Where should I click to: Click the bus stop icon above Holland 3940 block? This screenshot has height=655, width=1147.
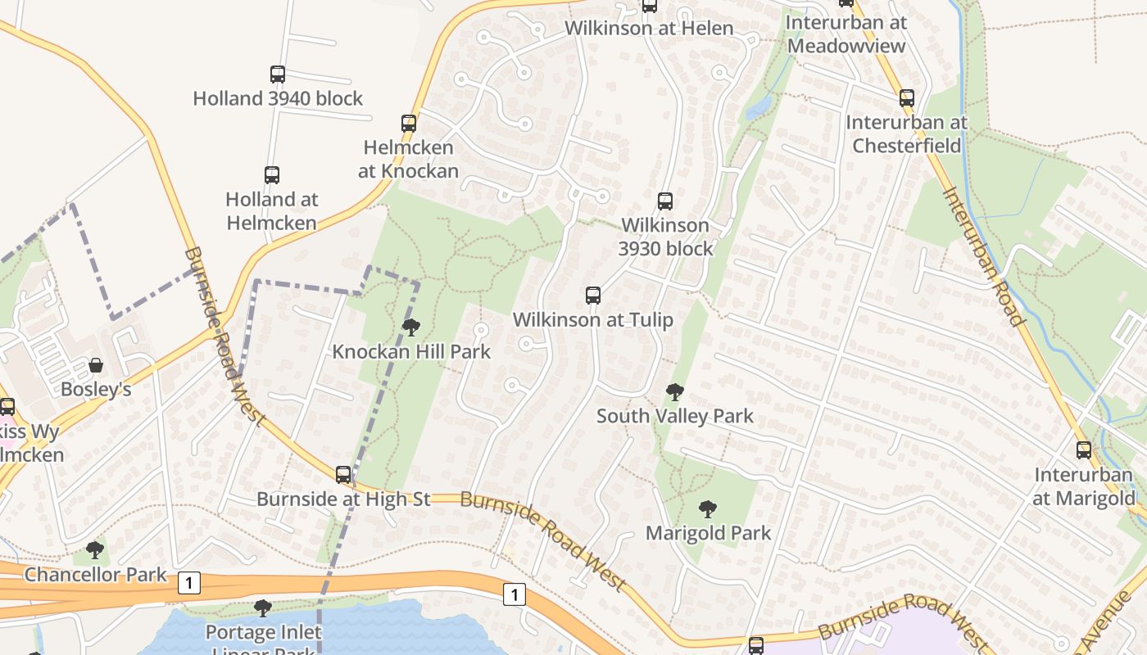tap(278, 75)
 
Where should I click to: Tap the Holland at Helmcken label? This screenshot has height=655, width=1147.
tap(271, 210)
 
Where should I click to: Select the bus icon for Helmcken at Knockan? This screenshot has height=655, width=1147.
tap(409, 124)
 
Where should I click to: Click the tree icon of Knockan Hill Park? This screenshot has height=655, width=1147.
tap(411, 327)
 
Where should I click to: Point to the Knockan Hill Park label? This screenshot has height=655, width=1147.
tap(411, 352)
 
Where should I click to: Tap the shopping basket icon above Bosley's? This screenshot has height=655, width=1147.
tap(96, 365)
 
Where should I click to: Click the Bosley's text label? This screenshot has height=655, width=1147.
tap(96, 390)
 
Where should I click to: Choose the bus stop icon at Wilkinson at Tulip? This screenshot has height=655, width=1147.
tap(593, 296)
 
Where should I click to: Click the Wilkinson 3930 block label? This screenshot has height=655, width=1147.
tap(665, 237)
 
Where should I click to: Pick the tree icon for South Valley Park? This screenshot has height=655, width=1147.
tap(675, 392)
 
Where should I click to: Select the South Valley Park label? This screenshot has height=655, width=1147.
tap(675, 416)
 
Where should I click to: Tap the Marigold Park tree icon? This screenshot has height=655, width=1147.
tap(708, 509)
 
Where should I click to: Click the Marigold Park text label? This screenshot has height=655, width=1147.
tap(709, 534)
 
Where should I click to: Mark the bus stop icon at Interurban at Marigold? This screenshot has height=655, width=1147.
tap(1084, 450)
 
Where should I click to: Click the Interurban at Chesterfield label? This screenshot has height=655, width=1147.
tap(907, 134)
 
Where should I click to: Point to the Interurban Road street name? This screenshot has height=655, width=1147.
tap(984, 256)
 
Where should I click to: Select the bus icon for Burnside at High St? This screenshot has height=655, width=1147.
tap(343, 475)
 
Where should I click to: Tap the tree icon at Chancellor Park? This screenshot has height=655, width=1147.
tap(95, 549)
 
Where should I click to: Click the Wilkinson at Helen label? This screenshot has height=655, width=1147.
tap(649, 28)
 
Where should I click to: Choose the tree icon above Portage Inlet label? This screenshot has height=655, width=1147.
tap(263, 608)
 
